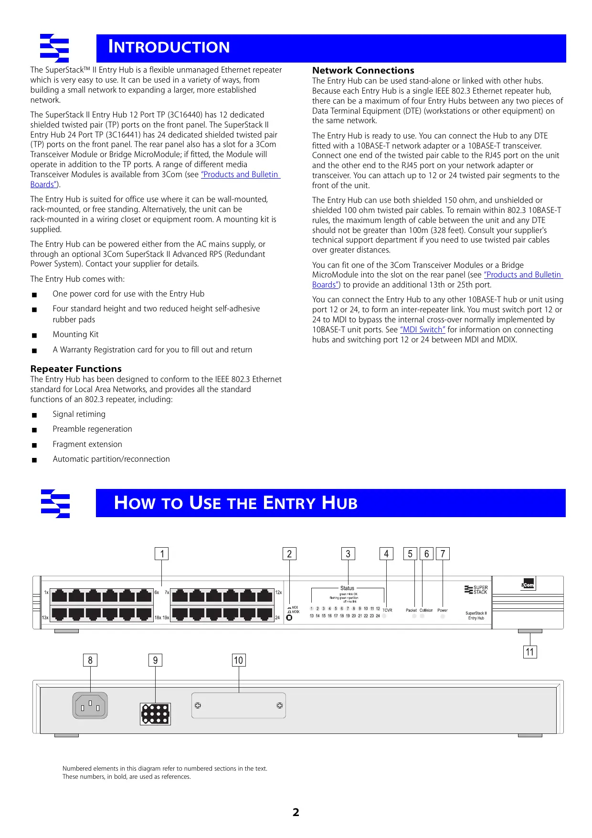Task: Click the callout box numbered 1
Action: [x=162, y=554]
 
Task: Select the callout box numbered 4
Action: [x=386, y=554]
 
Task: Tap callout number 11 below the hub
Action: [x=530, y=652]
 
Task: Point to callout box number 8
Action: [x=90, y=660]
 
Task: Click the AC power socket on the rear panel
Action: [x=90, y=706]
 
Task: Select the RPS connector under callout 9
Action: [x=155, y=714]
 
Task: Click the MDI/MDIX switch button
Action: [x=289, y=618]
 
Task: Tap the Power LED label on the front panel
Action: [x=443, y=610]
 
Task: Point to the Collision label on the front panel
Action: [x=426, y=610]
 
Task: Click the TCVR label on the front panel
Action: [x=387, y=610]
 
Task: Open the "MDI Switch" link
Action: [x=423, y=330]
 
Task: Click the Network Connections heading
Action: [x=363, y=71]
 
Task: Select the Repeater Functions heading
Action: [x=76, y=369]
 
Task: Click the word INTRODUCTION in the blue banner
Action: [x=169, y=47]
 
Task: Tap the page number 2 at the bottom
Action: [x=296, y=812]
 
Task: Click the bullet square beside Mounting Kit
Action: [x=34, y=335]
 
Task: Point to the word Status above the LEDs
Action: [x=347, y=588]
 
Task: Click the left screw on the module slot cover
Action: [x=198, y=706]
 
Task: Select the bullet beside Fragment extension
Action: [x=34, y=445]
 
